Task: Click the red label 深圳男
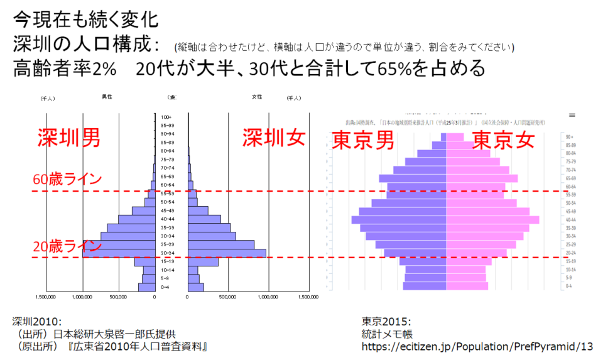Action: pos(68,139)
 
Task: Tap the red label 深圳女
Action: pos(274,139)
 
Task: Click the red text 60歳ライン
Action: pos(67,179)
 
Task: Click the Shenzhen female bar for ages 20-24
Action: pos(227,253)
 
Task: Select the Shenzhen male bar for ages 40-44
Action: pos(137,219)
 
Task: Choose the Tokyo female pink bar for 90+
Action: pos(455,137)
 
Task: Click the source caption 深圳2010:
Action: pos(36,321)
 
